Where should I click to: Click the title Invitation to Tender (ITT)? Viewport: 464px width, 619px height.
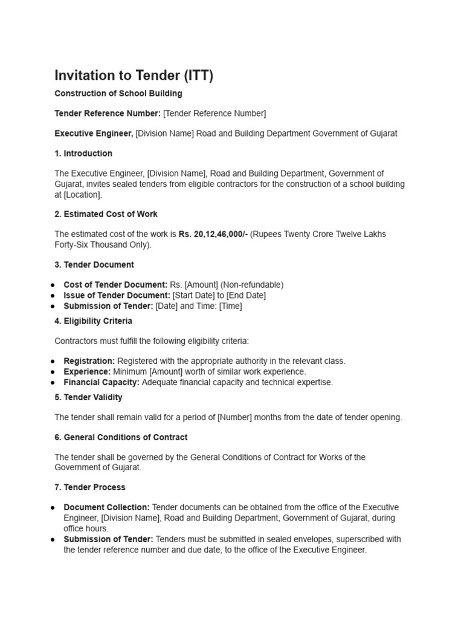click(134, 76)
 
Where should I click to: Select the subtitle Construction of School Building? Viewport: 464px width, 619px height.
click(118, 94)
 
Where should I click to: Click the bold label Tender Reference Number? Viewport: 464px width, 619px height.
click(108, 114)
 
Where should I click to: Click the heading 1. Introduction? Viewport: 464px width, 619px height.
click(83, 154)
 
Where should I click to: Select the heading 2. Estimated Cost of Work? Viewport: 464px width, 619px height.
click(106, 214)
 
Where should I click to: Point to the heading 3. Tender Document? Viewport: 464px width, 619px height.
click(94, 265)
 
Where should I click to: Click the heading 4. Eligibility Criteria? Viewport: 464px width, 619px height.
click(94, 321)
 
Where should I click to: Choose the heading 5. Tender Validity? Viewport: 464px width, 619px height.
click(89, 397)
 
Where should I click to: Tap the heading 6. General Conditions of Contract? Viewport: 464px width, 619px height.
click(121, 437)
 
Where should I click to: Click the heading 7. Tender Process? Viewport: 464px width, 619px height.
click(90, 487)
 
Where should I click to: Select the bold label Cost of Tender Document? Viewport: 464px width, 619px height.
click(114, 285)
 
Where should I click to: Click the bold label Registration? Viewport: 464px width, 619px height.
click(89, 361)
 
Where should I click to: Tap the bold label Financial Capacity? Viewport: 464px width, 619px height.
click(101, 382)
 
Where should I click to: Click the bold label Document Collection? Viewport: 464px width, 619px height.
click(106, 507)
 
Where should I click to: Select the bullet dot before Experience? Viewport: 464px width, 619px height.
click(53, 372)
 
